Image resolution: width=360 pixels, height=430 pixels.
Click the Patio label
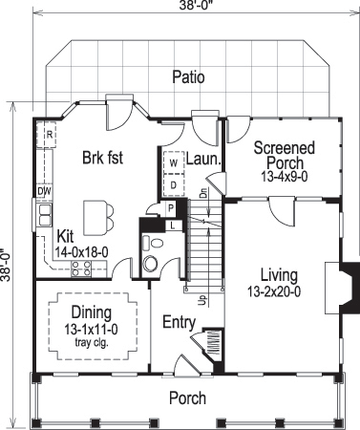tap(188, 77)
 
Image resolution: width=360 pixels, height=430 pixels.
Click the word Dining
tap(92, 312)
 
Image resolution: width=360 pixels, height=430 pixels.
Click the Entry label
tap(179, 321)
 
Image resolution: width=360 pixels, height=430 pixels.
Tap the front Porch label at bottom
tap(187, 398)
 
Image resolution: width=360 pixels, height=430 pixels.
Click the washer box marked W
tap(174, 163)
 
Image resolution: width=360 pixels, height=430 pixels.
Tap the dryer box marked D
tap(174, 183)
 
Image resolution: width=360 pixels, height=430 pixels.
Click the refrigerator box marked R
tap(49, 136)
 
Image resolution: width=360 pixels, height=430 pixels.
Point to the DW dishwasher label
tap(44, 191)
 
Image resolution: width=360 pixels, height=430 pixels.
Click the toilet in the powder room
tap(150, 264)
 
